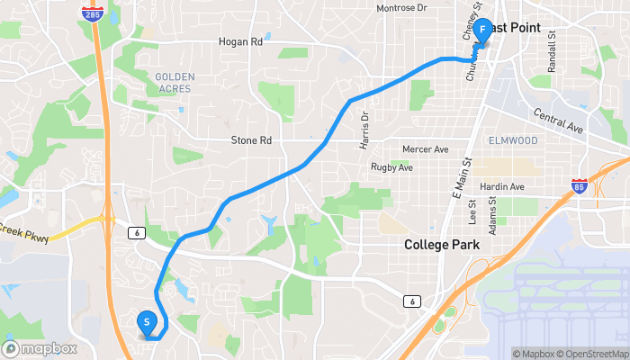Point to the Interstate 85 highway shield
pyautogui.click(x=578, y=187)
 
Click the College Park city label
pyautogui.click(x=442, y=245)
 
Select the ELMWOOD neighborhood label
pyautogui.click(x=512, y=140)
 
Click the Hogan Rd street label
pyautogui.click(x=239, y=41)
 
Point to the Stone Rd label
pyautogui.click(x=251, y=140)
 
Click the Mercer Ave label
pyautogui.click(x=425, y=148)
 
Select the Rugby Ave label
pyautogui.click(x=391, y=167)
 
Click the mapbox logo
pyautogui.click(x=40, y=348)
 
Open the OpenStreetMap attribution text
pyautogui.click(x=595, y=354)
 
